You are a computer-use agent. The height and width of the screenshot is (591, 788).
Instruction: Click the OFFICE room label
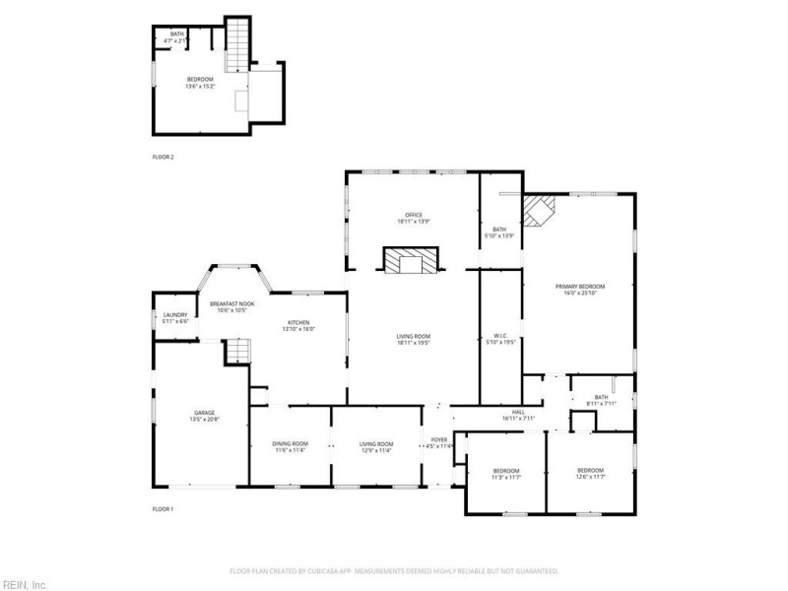click(x=414, y=215)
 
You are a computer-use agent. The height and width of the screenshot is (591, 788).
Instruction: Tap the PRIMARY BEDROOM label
click(x=583, y=287)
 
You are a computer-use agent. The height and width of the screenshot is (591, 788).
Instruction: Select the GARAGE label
click(x=204, y=413)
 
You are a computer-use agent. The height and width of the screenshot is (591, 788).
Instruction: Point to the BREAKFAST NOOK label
click(x=231, y=303)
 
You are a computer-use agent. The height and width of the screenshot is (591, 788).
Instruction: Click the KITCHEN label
click(x=298, y=323)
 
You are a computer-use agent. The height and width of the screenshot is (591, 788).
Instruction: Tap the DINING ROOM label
click(x=290, y=444)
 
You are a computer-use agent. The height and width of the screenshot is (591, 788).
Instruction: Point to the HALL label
click(x=518, y=412)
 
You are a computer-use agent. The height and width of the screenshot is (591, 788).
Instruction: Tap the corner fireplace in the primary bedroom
click(x=539, y=210)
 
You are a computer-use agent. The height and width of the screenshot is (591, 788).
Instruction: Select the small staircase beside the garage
click(x=236, y=351)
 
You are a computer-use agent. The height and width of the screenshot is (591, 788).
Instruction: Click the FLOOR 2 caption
click(x=163, y=157)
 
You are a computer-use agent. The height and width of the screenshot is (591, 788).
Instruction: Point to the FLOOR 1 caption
click(x=163, y=508)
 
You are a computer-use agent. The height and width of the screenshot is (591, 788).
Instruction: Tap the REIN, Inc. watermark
click(x=25, y=583)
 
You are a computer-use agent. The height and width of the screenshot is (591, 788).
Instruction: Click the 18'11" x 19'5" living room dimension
click(x=414, y=343)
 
